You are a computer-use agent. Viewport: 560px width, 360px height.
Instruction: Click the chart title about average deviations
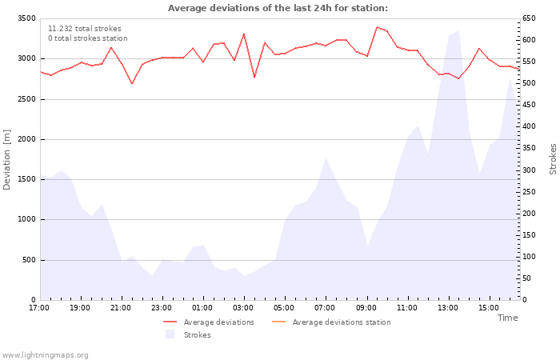[x=278, y=8]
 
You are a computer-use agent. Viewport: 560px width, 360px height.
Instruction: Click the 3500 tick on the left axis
[x=26, y=18]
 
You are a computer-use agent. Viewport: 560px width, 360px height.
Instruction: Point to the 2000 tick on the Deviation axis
[x=26, y=139]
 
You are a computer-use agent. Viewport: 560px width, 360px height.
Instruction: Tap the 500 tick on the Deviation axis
[x=28, y=260]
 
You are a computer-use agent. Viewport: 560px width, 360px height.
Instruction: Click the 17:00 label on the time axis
[x=40, y=308]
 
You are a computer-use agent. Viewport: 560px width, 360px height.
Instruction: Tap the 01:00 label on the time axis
[x=203, y=308]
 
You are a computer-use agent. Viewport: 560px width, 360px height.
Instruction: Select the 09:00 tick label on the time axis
[x=366, y=308]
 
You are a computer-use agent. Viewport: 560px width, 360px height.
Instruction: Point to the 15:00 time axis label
[x=489, y=308]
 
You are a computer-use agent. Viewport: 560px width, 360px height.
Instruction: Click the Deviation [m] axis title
[x=7, y=160]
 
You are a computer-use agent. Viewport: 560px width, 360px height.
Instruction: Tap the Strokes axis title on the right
[x=553, y=159]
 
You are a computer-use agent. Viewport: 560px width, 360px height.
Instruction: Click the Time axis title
[x=507, y=318]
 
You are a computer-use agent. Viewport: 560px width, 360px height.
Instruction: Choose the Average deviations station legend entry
[x=341, y=322]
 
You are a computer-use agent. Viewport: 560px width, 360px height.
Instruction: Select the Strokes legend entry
[x=197, y=334]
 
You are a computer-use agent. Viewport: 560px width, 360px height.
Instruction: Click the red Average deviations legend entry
[x=218, y=322]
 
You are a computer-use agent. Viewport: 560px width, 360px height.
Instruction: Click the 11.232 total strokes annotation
[x=85, y=29]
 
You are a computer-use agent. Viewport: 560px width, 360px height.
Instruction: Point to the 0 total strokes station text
[x=87, y=38]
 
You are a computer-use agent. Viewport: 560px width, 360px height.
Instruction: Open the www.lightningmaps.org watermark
[x=46, y=354]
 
